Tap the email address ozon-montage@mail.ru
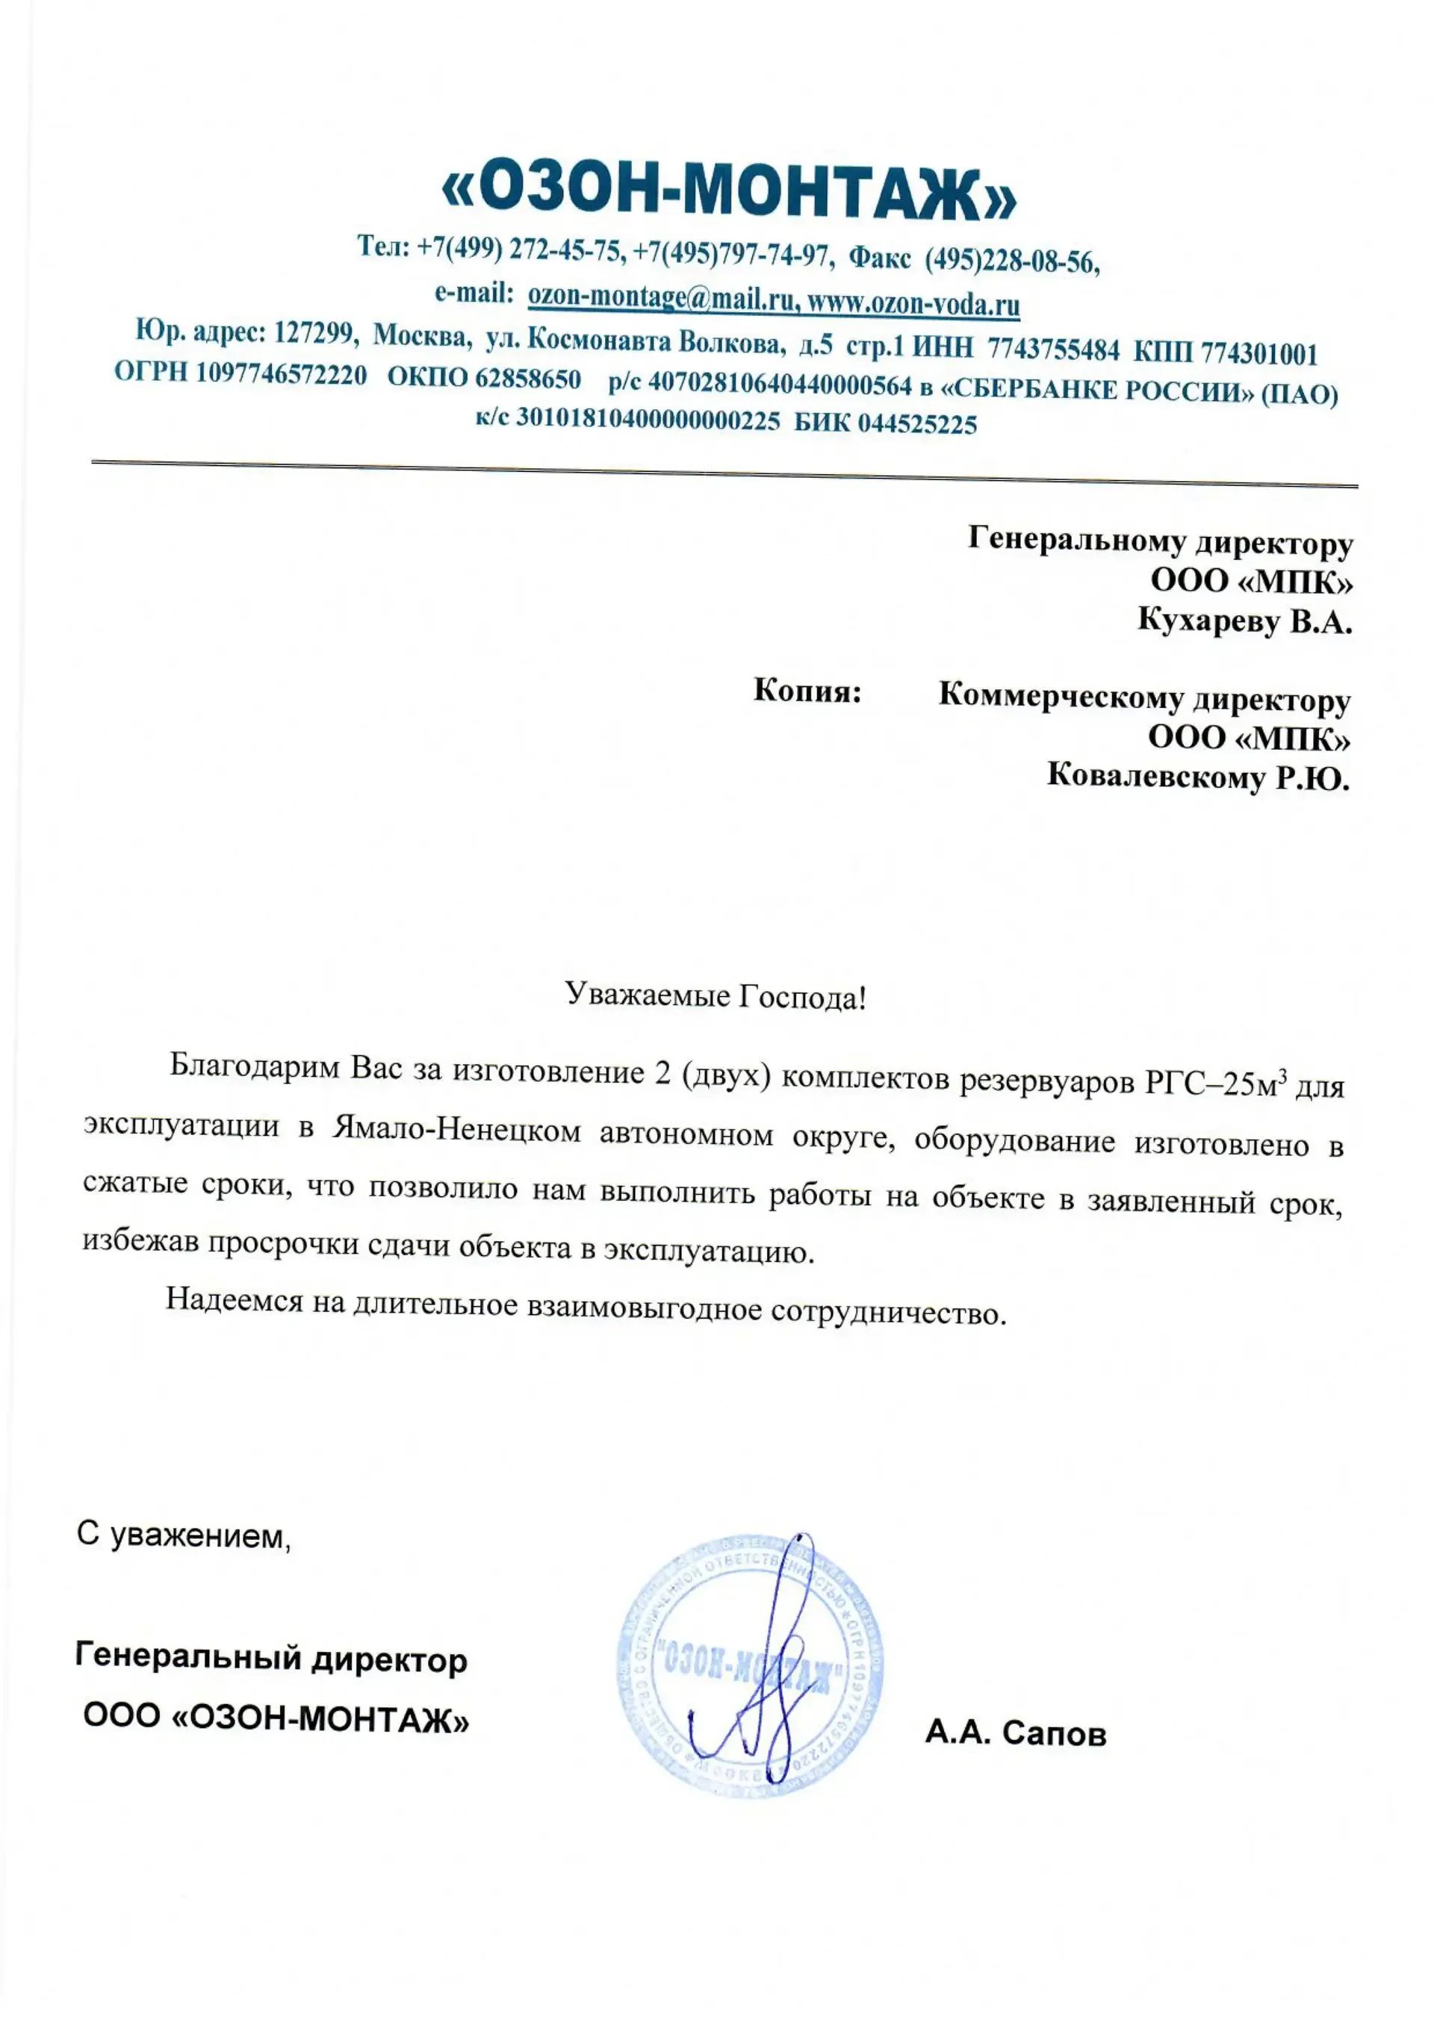(660, 299)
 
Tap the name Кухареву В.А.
(1244, 621)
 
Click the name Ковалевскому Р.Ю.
(1198, 777)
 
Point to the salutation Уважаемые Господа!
(716, 997)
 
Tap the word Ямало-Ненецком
(457, 1131)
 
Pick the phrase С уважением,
(184, 1535)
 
